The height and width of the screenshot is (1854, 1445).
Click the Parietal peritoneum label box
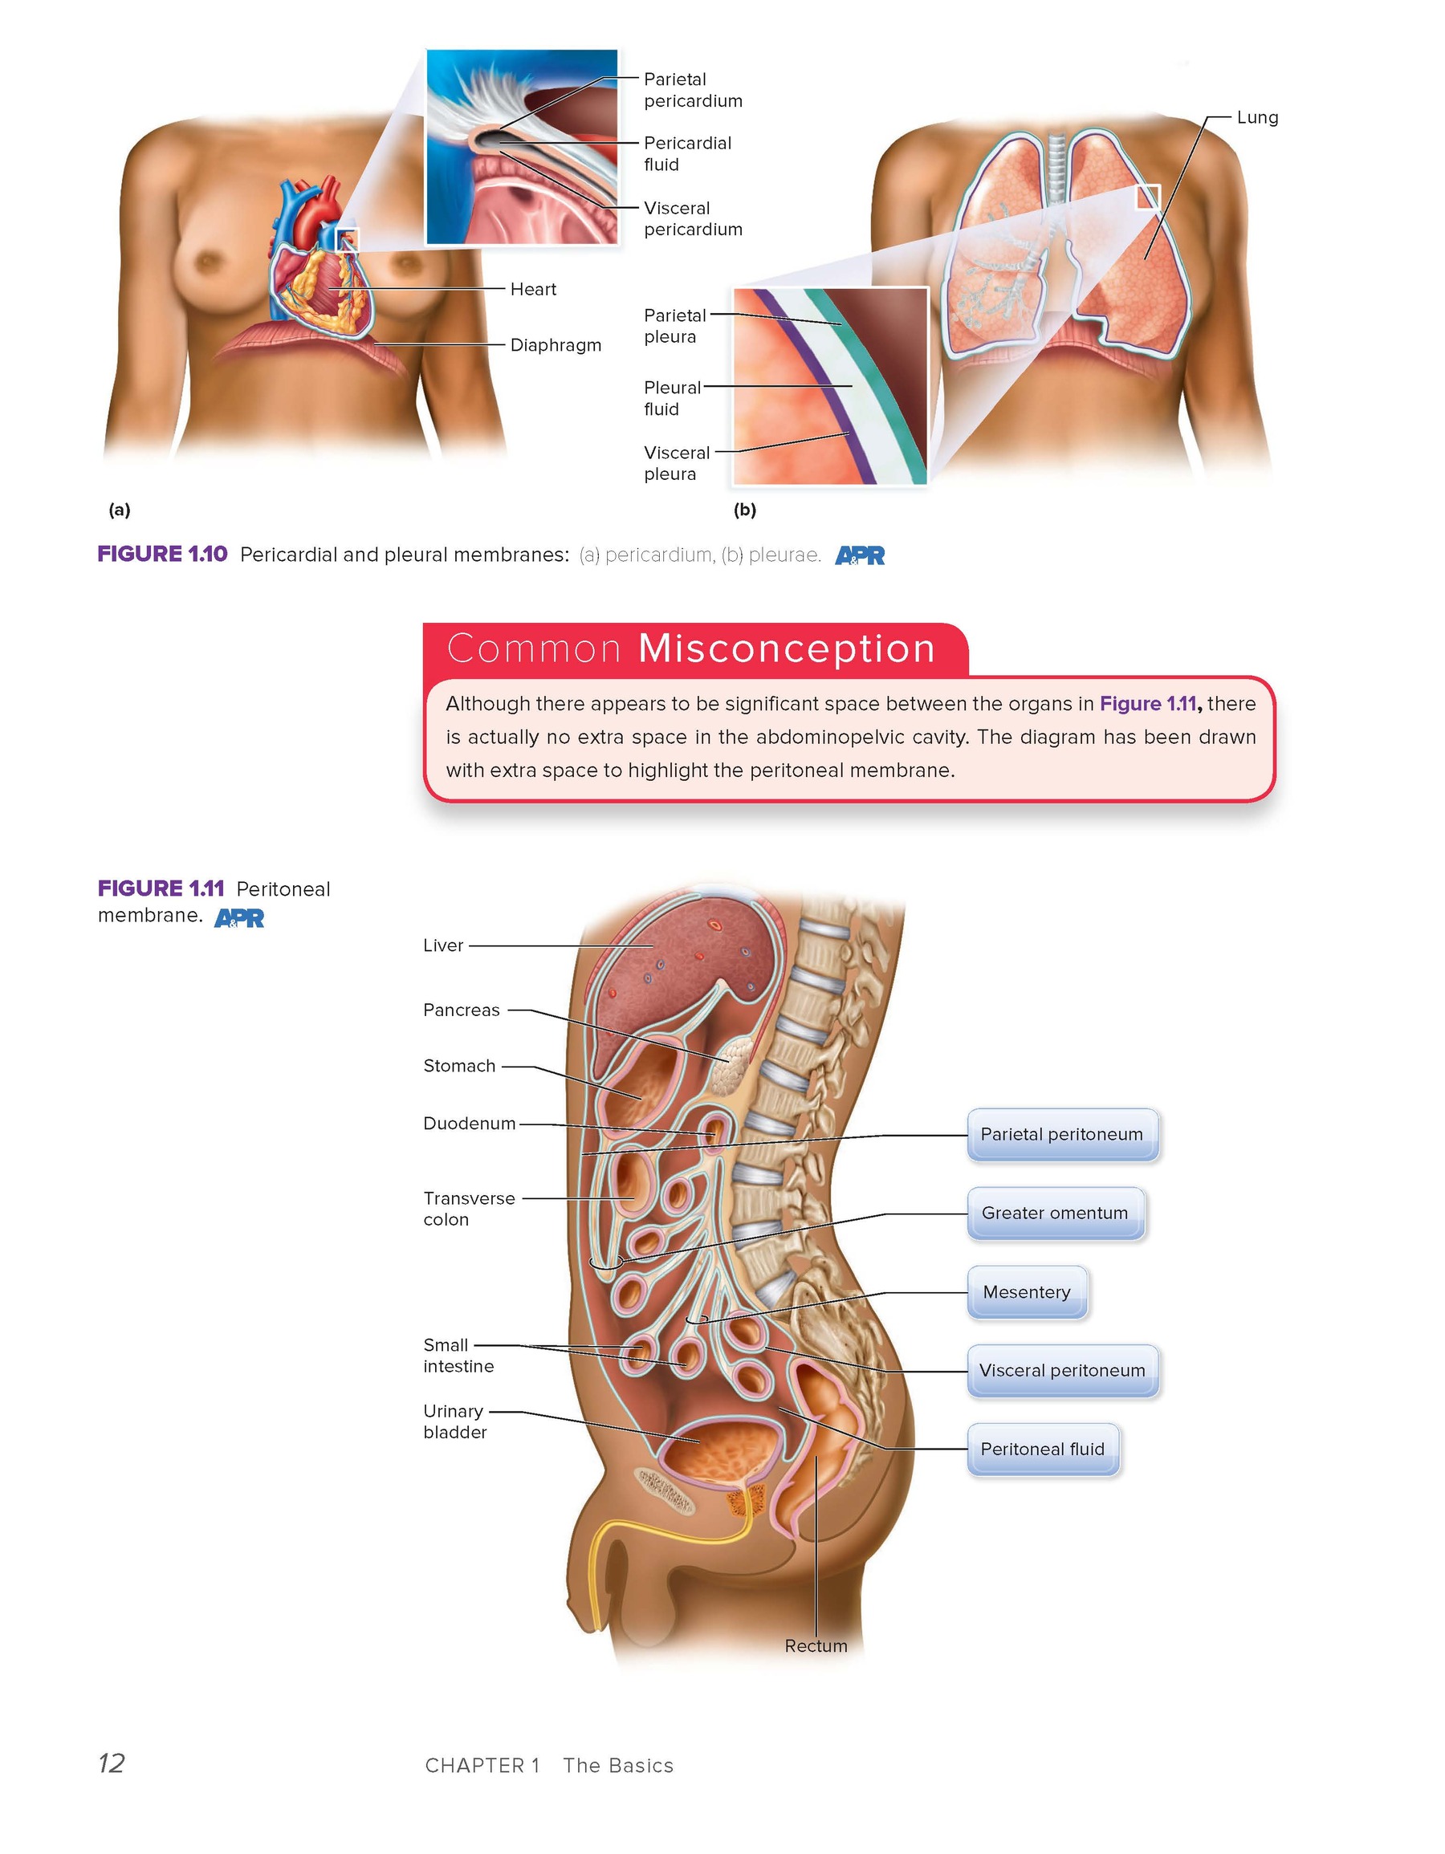point(1062,1134)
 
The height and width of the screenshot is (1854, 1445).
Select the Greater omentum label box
point(1056,1213)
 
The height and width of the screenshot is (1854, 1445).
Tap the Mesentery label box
point(1027,1292)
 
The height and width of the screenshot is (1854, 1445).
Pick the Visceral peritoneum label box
point(1062,1370)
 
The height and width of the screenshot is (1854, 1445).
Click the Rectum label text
point(816,1646)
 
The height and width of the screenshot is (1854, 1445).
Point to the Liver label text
point(443,945)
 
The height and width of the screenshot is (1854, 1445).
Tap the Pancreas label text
point(462,1010)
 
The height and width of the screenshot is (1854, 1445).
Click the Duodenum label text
point(470,1124)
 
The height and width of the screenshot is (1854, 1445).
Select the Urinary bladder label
point(455,1422)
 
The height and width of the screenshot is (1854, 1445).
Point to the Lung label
point(1257,117)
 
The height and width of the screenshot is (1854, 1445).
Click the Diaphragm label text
point(556,345)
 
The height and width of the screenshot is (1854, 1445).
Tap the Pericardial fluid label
point(688,153)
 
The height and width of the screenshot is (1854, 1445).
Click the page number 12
point(112,1763)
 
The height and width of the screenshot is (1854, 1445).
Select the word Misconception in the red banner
point(786,648)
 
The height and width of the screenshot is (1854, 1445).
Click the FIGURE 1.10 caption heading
point(162,555)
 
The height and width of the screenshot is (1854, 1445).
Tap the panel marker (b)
point(744,510)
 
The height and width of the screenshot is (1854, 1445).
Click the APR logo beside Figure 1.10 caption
point(860,555)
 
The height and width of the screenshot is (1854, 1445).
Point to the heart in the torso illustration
point(323,271)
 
